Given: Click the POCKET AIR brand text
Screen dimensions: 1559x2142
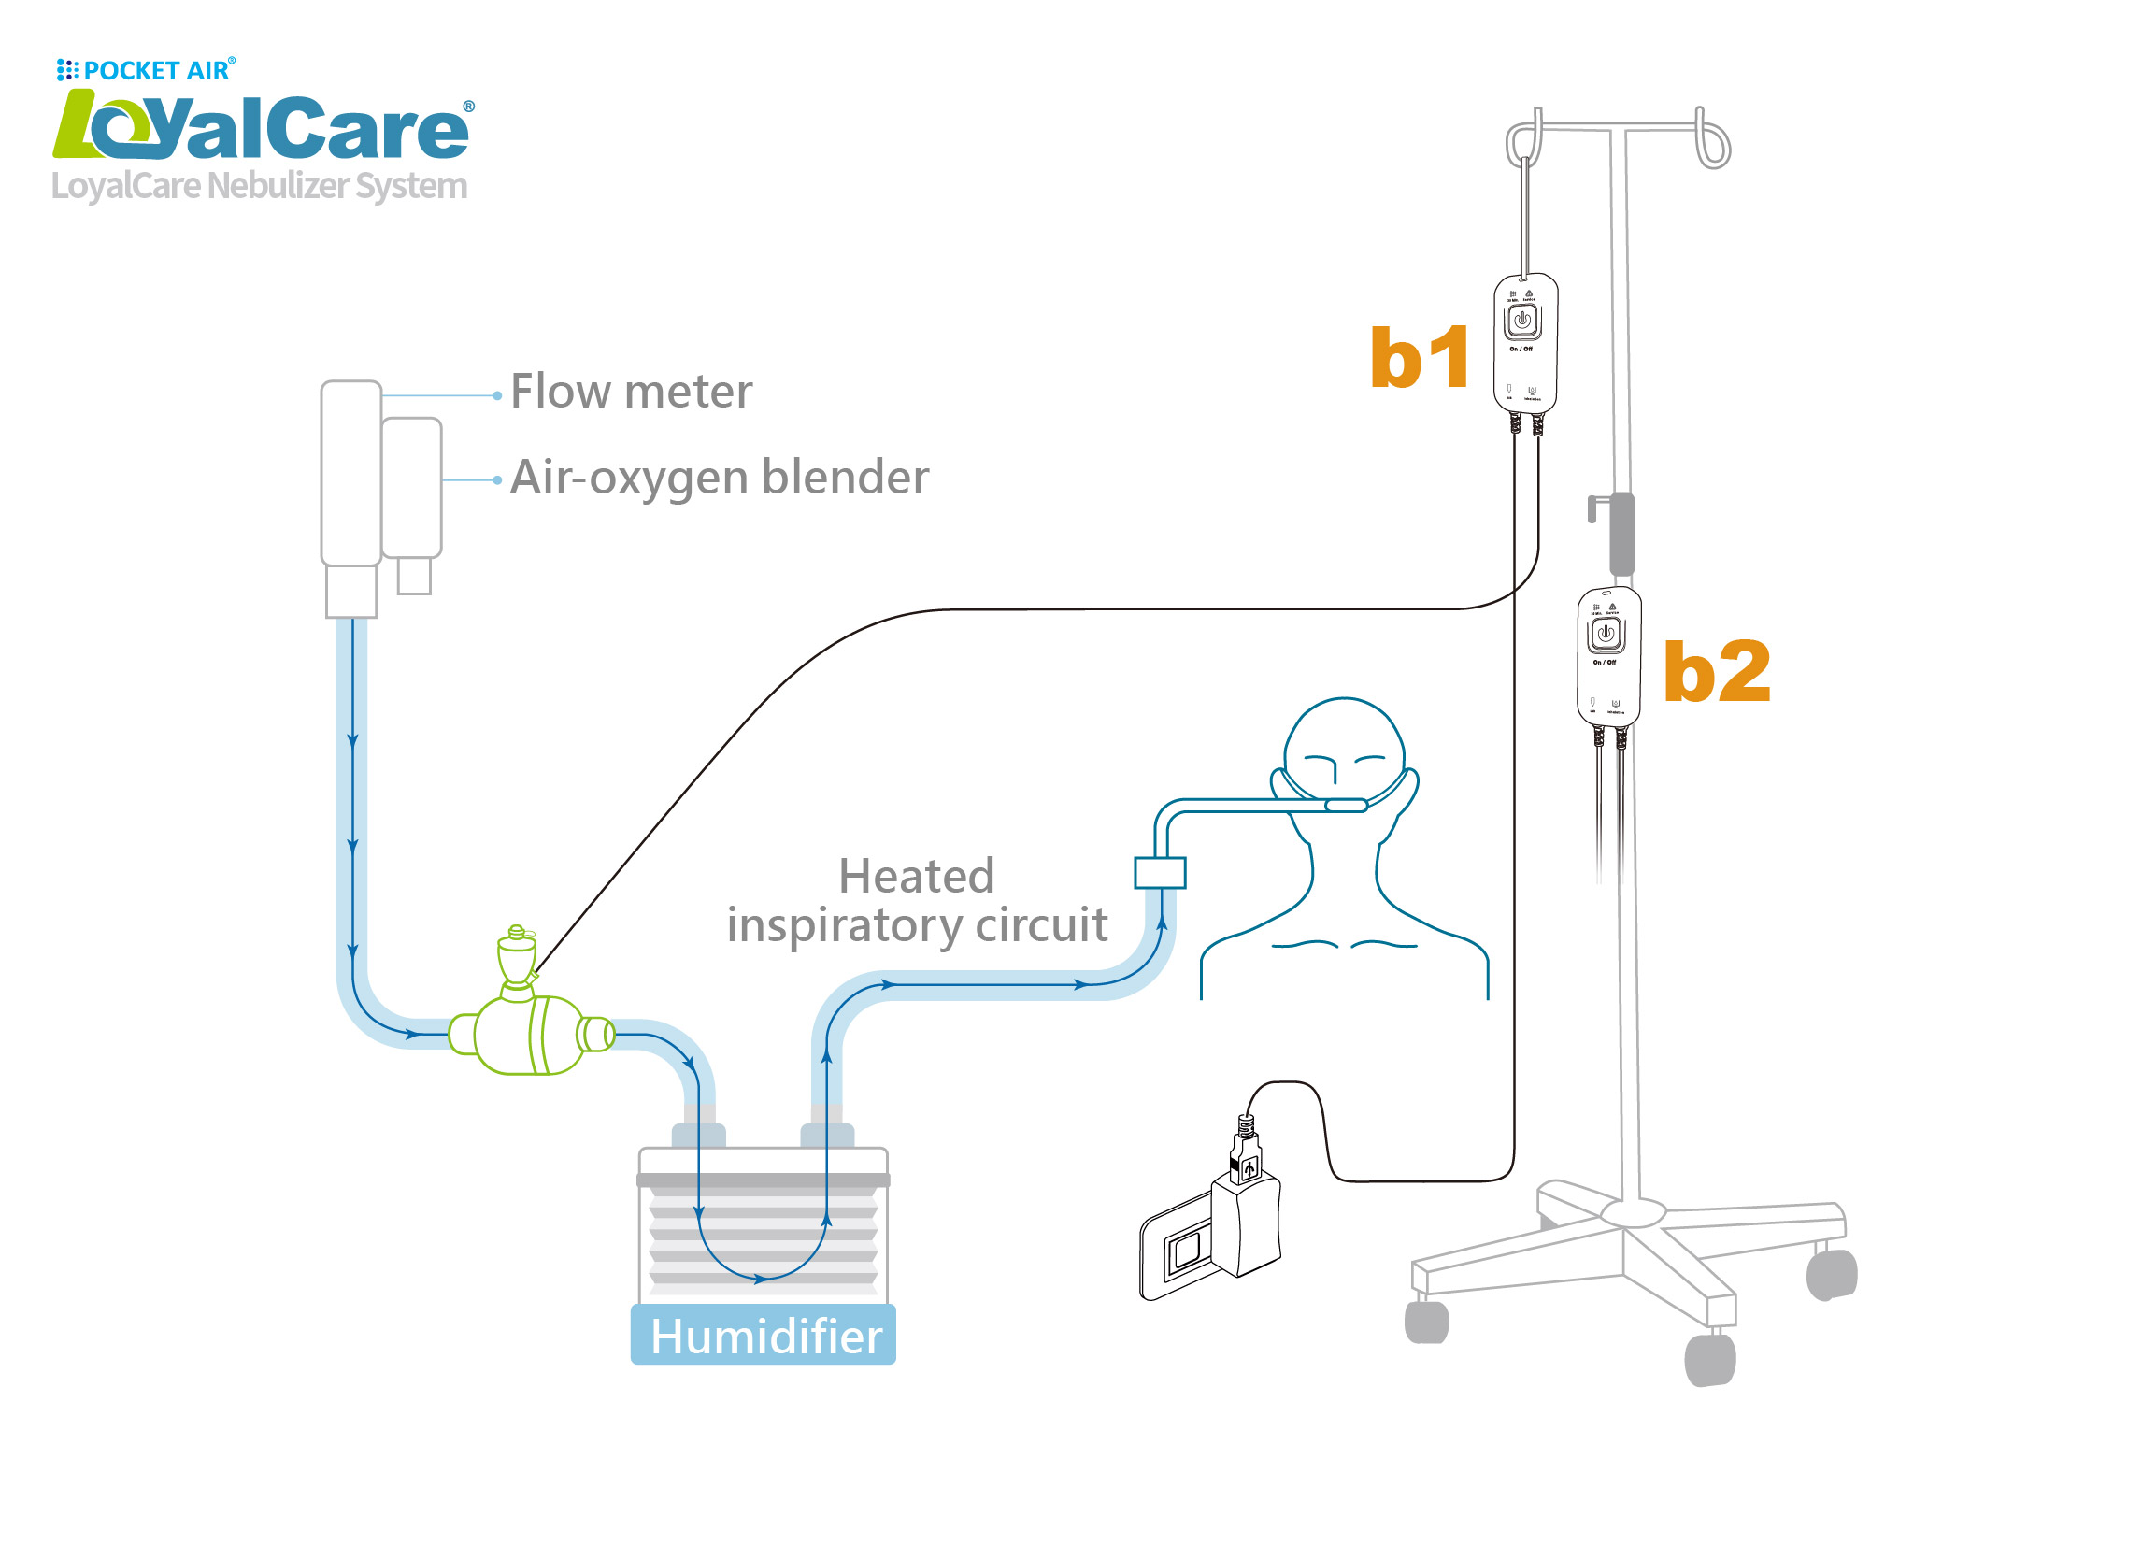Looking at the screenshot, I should click(x=156, y=71).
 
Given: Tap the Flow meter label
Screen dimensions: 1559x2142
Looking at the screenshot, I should click(x=631, y=392).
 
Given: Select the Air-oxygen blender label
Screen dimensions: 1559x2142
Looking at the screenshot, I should click(x=720, y=478).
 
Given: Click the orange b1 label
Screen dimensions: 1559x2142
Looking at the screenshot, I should click(x=1420, y=358).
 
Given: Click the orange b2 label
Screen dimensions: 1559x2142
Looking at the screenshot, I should click(x=1716, y=672).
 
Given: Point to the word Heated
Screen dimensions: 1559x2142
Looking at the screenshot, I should click(x=916, y=877).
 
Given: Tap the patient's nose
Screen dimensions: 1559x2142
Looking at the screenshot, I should click(x=1334, y=772).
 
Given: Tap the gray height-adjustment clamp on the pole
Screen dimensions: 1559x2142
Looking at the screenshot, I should click(x=1621, y=535).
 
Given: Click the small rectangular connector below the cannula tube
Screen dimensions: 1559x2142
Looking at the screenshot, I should click(x=1160, y=873).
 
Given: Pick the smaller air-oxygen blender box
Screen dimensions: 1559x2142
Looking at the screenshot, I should click(x=412, y=489).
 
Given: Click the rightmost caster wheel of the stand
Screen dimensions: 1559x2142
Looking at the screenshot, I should click(x=1833, y=1275).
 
